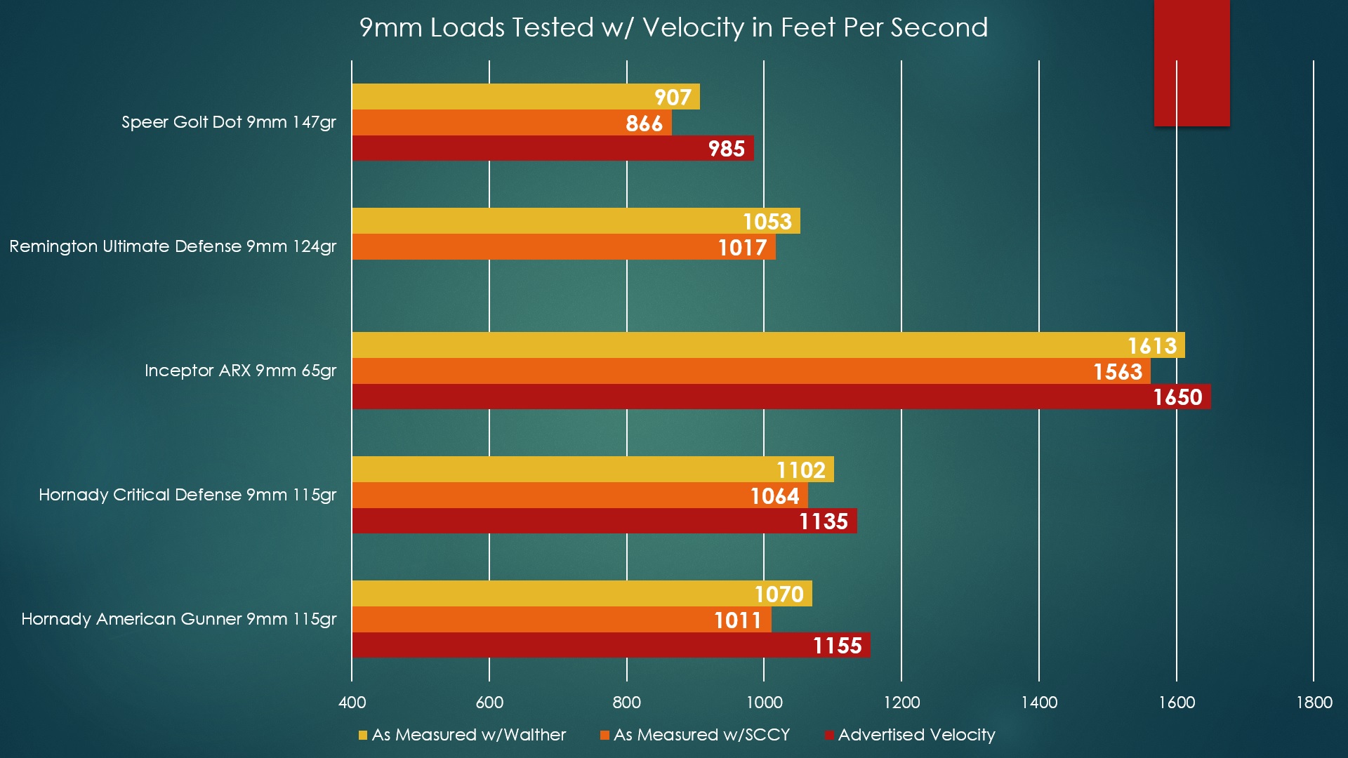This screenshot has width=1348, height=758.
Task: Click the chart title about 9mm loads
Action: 673,27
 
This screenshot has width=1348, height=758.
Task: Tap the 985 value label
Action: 726,149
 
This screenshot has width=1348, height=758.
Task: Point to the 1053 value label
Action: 767,222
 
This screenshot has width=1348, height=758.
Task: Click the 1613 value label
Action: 1151,346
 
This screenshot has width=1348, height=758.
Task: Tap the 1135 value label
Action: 823,521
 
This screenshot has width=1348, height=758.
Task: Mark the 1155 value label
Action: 837,646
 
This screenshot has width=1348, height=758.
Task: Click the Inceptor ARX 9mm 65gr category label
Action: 240,371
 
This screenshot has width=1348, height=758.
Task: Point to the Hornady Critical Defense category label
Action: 187,495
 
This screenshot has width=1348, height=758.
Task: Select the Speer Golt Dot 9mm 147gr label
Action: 228,122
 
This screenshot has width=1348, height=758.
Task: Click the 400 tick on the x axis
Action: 352,703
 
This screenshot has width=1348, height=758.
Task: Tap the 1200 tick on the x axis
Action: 901,703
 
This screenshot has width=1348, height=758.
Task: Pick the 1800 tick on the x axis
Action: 1314,703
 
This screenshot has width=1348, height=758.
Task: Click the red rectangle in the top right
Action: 1191,63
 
